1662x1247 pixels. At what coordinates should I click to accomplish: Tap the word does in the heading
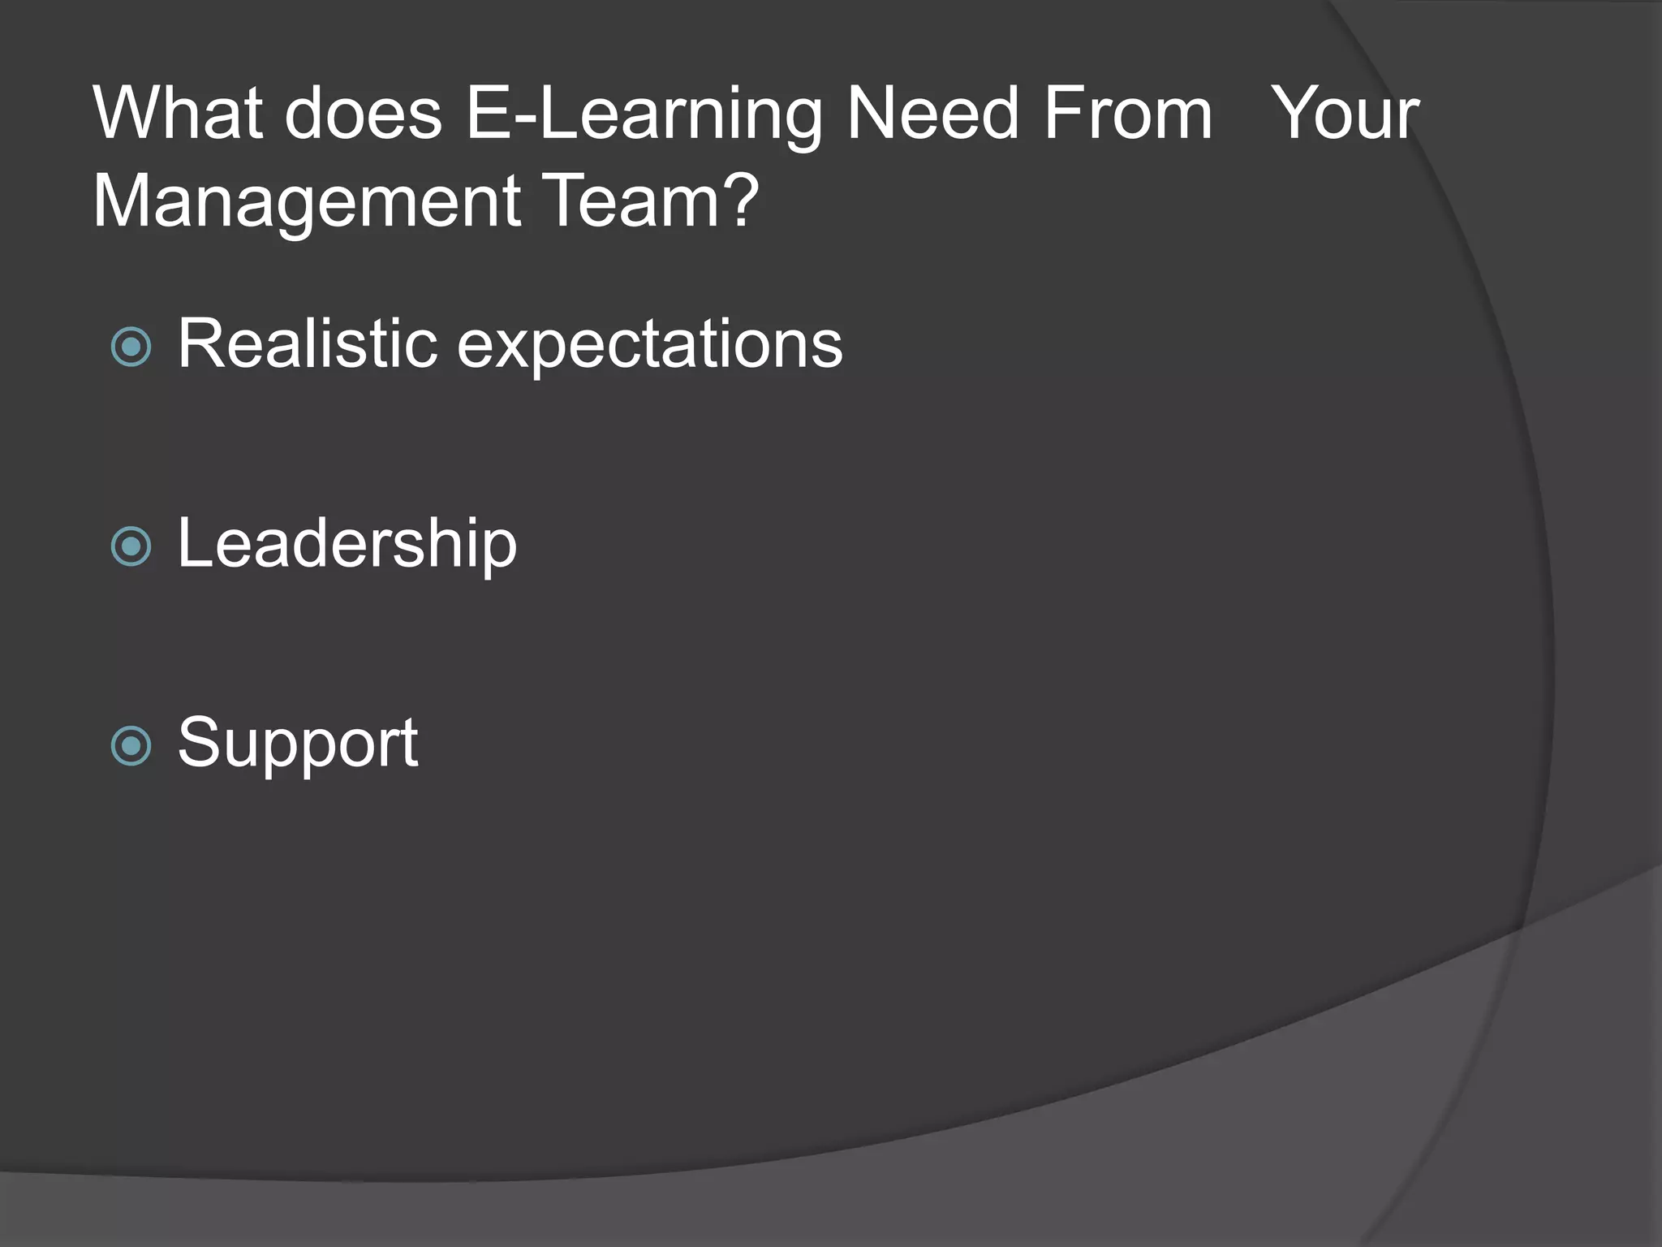click(363, 114)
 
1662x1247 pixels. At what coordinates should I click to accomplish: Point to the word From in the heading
click(1128, 114)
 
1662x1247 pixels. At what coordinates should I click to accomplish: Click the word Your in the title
click(1344, 114)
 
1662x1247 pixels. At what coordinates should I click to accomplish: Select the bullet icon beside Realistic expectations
click(131, 347)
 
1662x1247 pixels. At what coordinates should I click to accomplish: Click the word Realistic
click(308, 344)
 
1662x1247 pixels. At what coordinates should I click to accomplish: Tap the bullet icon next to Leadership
click(131, 546)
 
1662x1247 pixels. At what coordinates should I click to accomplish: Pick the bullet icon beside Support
click(131, 746)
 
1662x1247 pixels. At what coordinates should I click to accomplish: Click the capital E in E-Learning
click(486, 114)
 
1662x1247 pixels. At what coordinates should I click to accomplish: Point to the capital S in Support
click(198, 742)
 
